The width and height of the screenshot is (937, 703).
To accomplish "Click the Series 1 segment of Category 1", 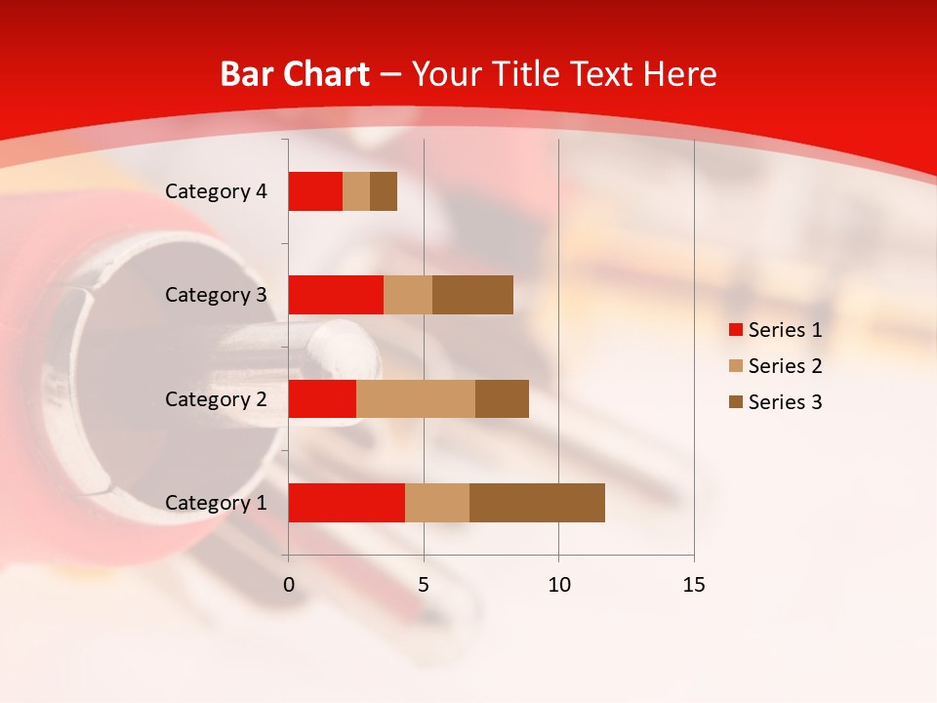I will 346,503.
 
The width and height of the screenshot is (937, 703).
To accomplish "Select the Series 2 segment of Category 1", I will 437,503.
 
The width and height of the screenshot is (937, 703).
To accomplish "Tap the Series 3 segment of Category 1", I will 537,503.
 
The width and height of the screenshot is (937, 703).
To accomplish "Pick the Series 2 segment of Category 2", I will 416,398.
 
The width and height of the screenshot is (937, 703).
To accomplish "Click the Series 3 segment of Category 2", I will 502,398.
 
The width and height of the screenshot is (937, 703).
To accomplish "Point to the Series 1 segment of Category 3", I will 336,295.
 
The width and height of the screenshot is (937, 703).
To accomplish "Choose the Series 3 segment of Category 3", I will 472,295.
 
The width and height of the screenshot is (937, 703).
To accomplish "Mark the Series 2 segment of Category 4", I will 356,191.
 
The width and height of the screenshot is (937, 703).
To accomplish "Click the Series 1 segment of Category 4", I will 315,191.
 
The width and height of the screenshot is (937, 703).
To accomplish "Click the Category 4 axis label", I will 216,191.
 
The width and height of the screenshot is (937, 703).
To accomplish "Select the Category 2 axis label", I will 216,398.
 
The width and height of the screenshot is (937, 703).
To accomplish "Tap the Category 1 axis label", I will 216,503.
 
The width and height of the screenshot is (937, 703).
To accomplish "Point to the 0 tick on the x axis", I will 289,585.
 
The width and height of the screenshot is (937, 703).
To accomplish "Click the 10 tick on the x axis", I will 558,585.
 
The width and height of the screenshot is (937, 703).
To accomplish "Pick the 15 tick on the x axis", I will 694,585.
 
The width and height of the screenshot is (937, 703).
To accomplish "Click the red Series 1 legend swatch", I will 735,330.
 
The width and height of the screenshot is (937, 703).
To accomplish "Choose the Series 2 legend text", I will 785,366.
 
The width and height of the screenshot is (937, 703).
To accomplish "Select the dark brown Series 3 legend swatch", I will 735,402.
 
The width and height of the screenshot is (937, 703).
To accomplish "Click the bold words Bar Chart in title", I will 295,74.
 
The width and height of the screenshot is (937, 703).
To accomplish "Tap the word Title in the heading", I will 526,74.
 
